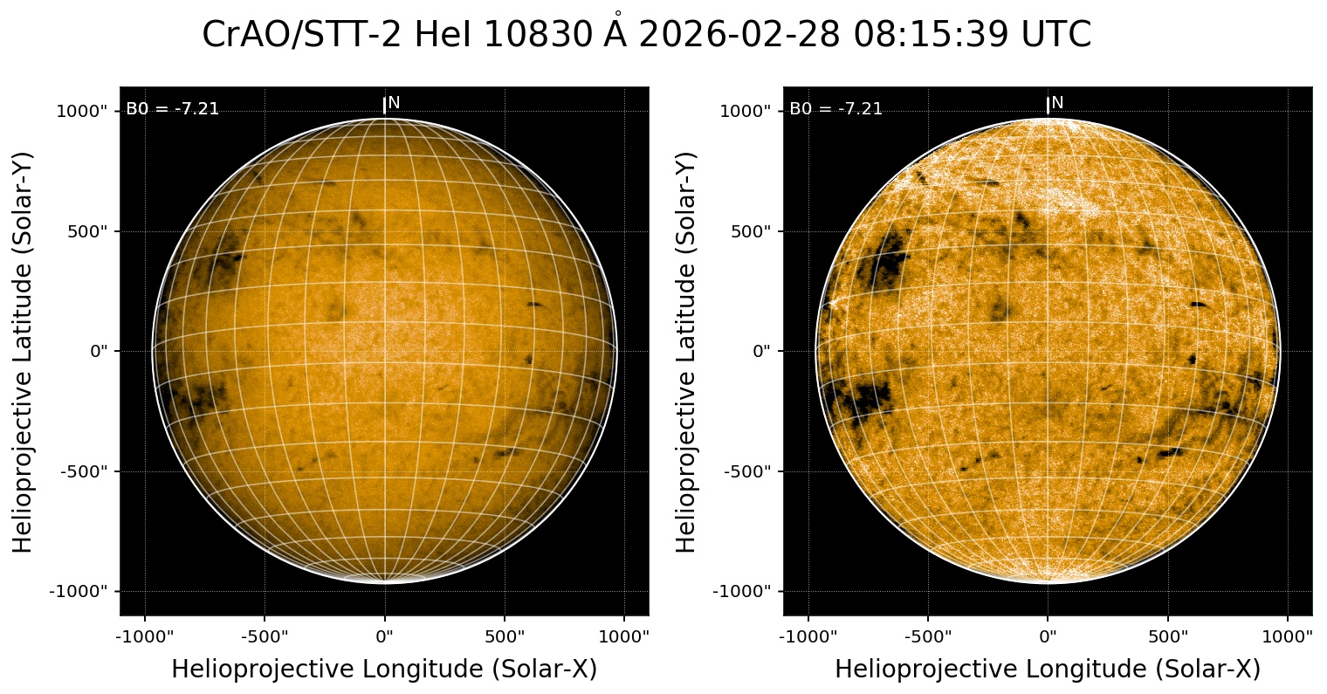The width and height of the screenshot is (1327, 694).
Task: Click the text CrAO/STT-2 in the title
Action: point(302,35)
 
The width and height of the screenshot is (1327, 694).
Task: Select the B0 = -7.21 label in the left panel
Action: point(173,109)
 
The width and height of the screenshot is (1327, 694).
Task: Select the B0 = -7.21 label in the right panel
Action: point(836,109)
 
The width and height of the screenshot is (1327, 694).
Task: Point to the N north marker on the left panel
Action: point(394,103)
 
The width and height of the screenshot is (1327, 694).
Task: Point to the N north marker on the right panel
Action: point(1057,103)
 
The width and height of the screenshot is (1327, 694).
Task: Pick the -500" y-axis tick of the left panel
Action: point(86,471)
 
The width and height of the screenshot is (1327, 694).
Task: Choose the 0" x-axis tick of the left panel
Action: point(385,636)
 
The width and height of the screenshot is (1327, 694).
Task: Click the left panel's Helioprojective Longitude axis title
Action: point(384,670)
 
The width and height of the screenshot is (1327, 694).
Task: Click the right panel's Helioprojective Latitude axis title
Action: point(688,351)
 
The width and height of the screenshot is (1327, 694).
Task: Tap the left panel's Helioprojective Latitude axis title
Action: point(24,351)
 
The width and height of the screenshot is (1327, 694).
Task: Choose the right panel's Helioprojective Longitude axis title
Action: point(1048,670)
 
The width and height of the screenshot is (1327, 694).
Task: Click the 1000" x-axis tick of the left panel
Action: point(625,636)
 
